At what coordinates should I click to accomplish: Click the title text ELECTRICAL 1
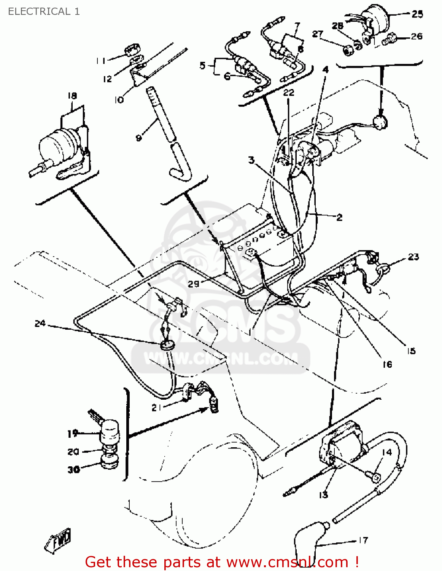tap(44, 11)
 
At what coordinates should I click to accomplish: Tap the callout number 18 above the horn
tap(72, 96)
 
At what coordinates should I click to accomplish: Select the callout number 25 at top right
tap(417, 14)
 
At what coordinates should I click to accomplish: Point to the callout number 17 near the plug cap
tap(363, 540)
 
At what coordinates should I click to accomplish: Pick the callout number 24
tap(40, 324)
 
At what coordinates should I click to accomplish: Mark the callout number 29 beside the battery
tap(194, 284)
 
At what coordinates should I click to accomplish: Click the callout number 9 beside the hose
tap(139, 137)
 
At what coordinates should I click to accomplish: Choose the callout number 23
tap(413, 257)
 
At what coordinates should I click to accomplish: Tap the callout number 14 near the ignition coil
tap(386, 452)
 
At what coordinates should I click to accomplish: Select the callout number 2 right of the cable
tap(339, 217)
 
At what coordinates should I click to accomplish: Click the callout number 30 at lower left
tap(74, 470)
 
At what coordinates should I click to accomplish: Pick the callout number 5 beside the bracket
tap(203, 65)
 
